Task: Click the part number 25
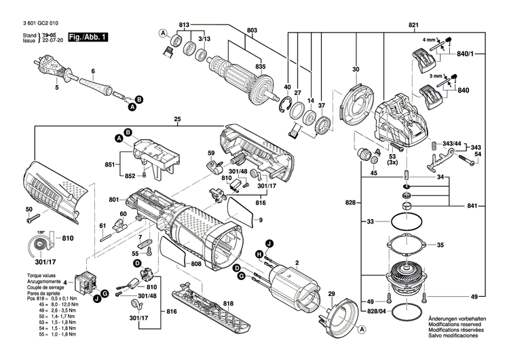tap(177, 120)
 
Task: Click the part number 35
tap(440, 245)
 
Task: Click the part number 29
tap(331, 294)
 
